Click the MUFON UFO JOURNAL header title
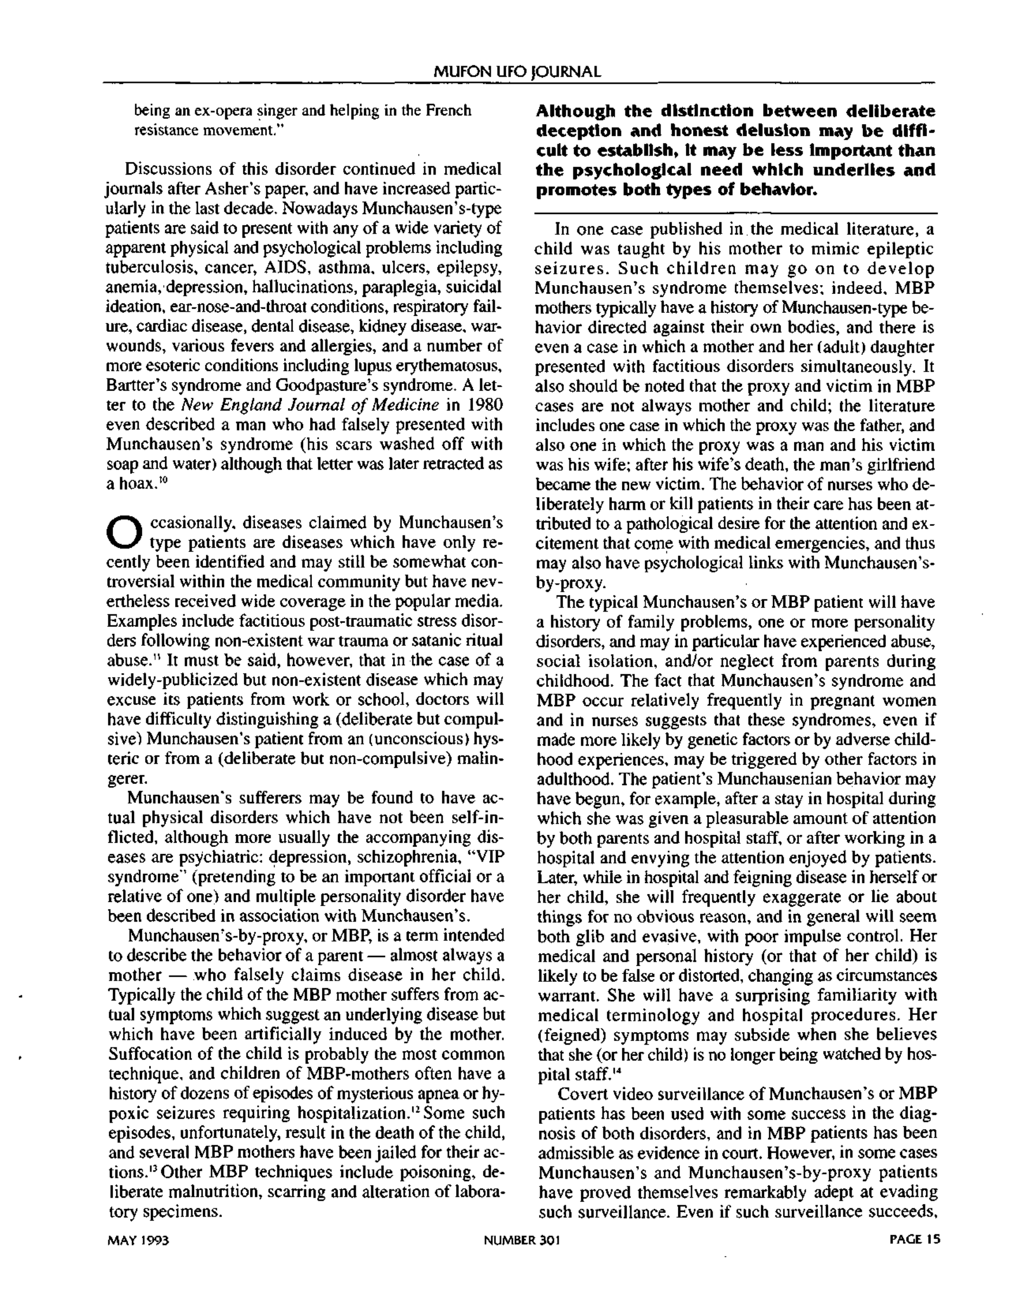517,72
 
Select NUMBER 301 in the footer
522,1240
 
